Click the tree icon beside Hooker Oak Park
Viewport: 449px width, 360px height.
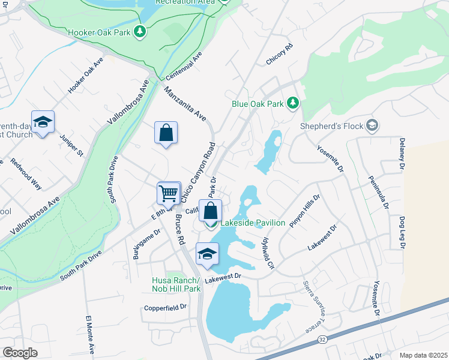click(x=140, y=31)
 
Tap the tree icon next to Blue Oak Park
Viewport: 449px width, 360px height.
click(x=292, y=103)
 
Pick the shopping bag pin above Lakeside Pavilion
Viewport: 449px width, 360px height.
click(x=210, y=212)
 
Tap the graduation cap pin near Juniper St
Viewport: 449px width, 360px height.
click(x=43, y=123)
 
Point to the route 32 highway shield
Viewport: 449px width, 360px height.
click(x=323, y=340)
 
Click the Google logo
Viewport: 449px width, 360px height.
click(x=20, y=352)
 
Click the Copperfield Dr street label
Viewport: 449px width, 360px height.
click(x=166, y=308)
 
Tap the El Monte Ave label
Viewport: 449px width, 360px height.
click(x=90, y=333)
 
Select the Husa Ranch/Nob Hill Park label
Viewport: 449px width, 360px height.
click(x=176, y=284)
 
